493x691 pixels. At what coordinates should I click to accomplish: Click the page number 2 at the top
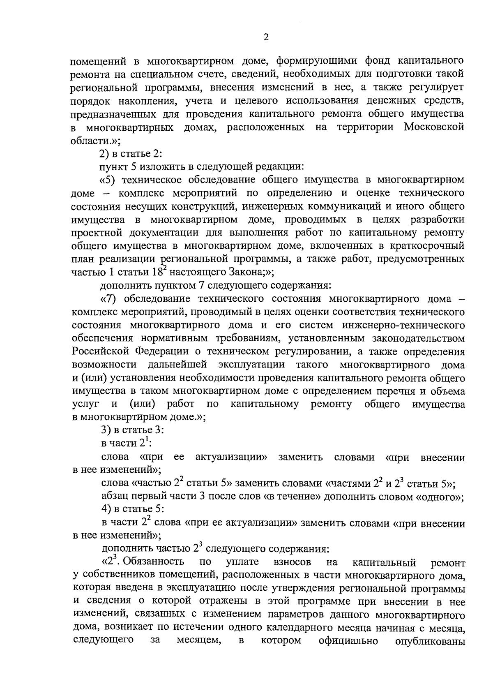pyautogui.click(x=265, y=37)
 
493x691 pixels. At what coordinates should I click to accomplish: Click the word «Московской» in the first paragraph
pyautogui.click(x=434, y=127)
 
